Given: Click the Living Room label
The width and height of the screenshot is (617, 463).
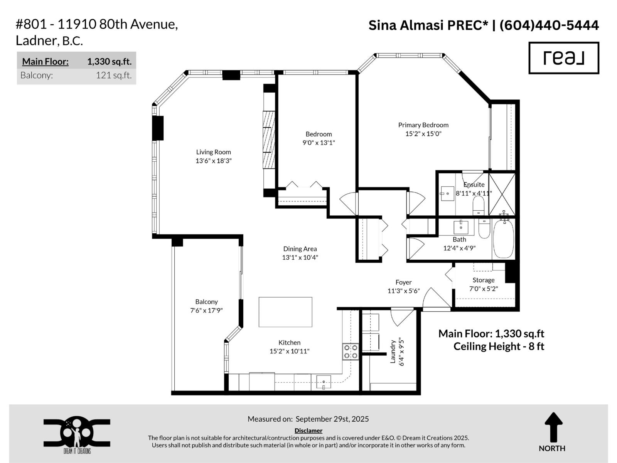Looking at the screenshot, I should tap(213, 152).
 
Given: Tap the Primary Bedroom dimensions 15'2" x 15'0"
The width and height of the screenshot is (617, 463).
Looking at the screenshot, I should tap(423, 133).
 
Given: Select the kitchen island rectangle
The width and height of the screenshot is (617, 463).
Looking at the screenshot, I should tap(285, 312).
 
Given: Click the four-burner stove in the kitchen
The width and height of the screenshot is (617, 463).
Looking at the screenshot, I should tap(351, 351).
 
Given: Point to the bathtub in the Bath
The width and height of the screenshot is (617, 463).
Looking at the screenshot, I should tap(503, 239).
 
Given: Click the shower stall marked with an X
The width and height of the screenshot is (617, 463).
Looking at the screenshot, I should tap(502, 194).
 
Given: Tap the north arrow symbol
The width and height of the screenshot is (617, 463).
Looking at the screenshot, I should tap(553, 428).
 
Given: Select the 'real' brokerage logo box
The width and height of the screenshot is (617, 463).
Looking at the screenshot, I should tap(563, 58).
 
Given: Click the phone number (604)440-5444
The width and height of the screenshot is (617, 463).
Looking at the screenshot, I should tap(549, 25).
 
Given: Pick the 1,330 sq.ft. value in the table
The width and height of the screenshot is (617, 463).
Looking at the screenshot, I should tap(109, 61).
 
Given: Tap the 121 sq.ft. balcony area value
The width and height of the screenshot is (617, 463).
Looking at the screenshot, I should tap(114, 75).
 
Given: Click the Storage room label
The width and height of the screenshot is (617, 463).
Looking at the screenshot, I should tap(484, 280).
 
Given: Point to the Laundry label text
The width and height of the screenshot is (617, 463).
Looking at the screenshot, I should tap(393, 351).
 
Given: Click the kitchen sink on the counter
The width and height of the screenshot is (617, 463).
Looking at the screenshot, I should tap(323, 382).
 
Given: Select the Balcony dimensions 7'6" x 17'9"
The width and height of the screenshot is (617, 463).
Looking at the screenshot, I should tap(206, 310).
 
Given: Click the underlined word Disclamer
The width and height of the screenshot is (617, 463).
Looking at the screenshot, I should tap(308, 431).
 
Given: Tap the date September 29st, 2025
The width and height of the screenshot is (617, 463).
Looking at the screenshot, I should tap(332, 419).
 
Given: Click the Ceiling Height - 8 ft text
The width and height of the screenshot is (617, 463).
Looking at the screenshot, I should tap(499, 346).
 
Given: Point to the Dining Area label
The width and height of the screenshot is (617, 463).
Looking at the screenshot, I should tap(300, 249).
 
